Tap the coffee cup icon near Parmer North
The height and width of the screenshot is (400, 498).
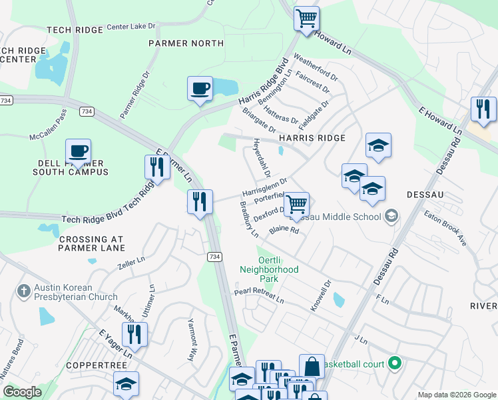[200, 89]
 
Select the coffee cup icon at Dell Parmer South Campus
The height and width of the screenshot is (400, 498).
[79, 152]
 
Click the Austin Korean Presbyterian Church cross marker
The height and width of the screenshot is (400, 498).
[23, 291]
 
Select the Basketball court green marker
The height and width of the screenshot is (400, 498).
[395, 364]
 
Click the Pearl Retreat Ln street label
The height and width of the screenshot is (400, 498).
[259, 297]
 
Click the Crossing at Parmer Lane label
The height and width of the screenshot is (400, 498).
[92, 243]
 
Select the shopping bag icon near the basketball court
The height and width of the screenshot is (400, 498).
[312, 366]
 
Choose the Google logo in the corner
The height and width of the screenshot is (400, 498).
[22, 393]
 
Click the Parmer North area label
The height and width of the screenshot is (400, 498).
[186, 43]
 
